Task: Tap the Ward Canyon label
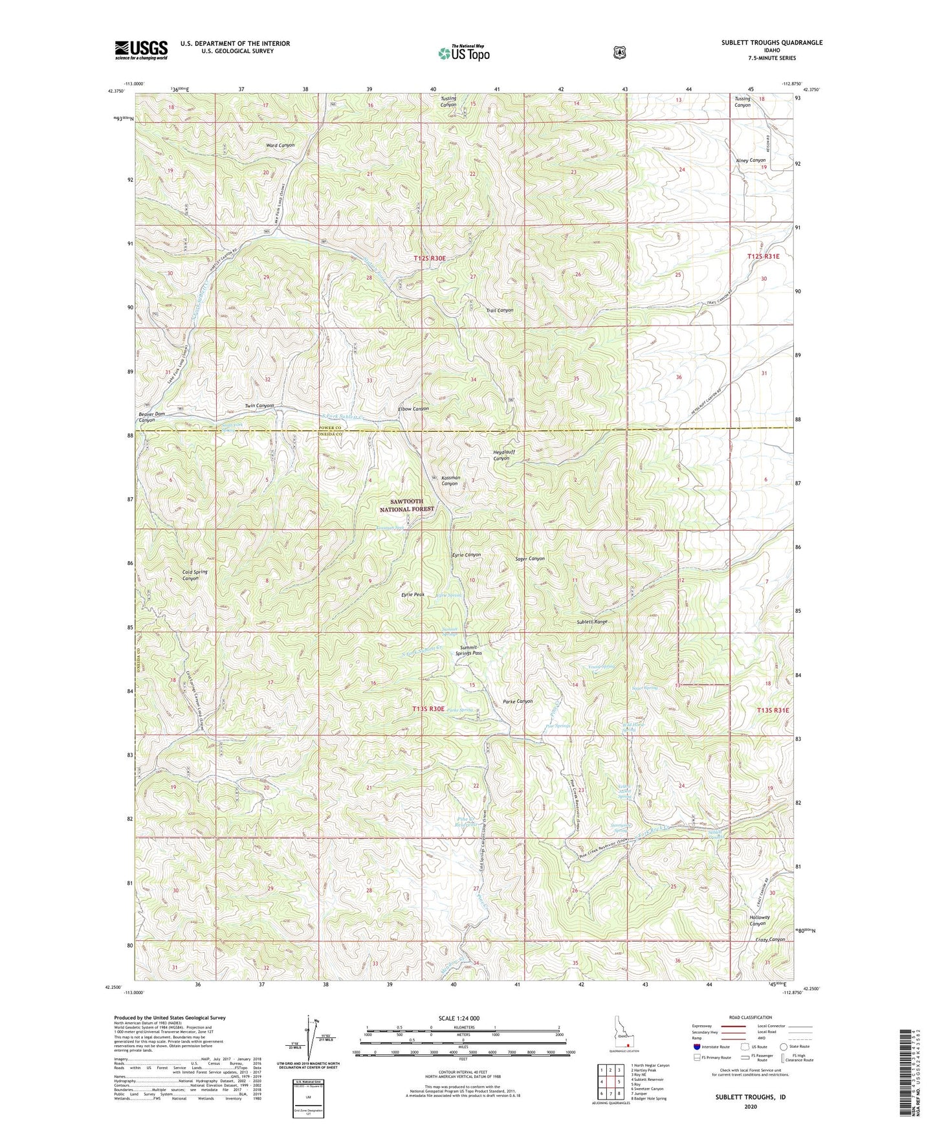[280, 146]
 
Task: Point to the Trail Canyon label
[500, 311]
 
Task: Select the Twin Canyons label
[259, 406]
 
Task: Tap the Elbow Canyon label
[413, 409]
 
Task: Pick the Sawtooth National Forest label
[406, 505]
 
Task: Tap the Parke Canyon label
[518, 702]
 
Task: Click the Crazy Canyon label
[769, 940]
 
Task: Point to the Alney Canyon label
[751, 160]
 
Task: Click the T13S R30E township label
[430, 709]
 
